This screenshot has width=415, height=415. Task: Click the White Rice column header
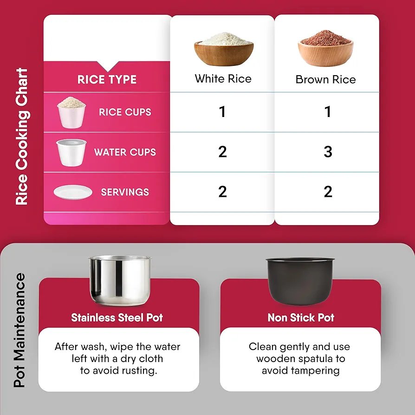click(223, 78)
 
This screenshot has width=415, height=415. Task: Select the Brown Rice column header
click(325, 79)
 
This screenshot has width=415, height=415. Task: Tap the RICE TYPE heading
click(107, 79)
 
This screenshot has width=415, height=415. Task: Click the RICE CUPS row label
click(125, 112)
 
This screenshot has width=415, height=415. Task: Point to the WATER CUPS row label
click(125, 152)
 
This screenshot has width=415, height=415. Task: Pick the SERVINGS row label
click(125, 192)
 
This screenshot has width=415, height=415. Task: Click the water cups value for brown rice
click(328, 152)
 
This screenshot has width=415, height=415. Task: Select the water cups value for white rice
click(222, 152)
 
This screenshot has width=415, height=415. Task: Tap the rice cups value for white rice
click(222, 111)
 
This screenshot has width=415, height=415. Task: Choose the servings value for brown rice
click(328, 192)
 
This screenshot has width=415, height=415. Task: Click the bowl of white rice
click(224, 49)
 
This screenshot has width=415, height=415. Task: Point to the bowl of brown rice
click(325, 48)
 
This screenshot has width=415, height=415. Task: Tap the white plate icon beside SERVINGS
click(73, 192)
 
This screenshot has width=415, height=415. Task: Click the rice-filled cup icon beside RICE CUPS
click(71, 112)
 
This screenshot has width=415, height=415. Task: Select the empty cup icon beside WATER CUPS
click(71, 152)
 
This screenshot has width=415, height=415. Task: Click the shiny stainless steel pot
click(120, 280)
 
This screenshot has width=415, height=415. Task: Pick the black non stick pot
click(300, 281)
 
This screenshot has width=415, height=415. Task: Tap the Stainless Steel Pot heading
click(117, 318)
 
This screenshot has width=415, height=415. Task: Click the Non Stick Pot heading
click(301, 318)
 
